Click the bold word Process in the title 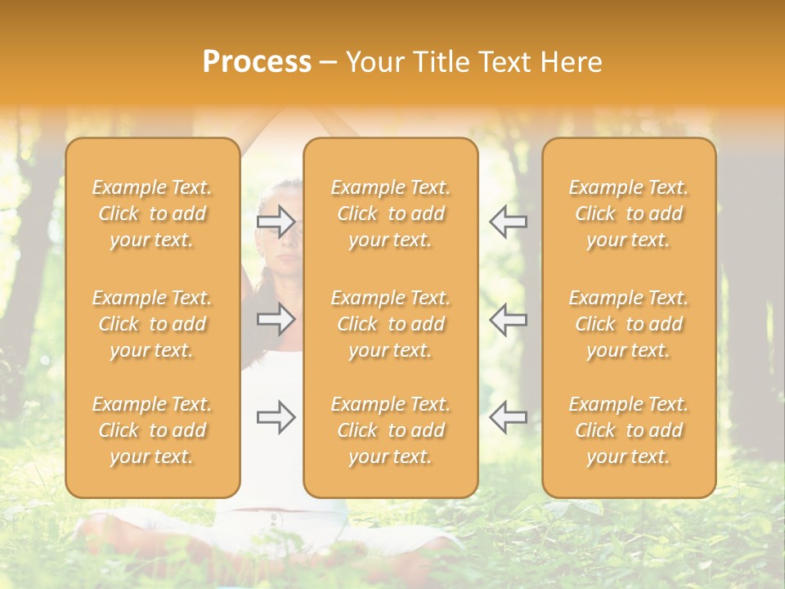point(257,62)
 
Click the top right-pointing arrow point(276,221)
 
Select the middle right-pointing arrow point(276,319)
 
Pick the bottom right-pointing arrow point(276,417)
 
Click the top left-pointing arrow point(508,221)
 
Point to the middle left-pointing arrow point(508,319)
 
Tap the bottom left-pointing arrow point(508,417)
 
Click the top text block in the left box point(152,214)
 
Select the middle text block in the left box point(152,324)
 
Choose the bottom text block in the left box point(152,430)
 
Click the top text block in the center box point(390,214)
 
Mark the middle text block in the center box point(390,324)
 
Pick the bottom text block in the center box point(390,430)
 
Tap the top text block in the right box point(628,214)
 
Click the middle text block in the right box point(628,324)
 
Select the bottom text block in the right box point(628,430)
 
